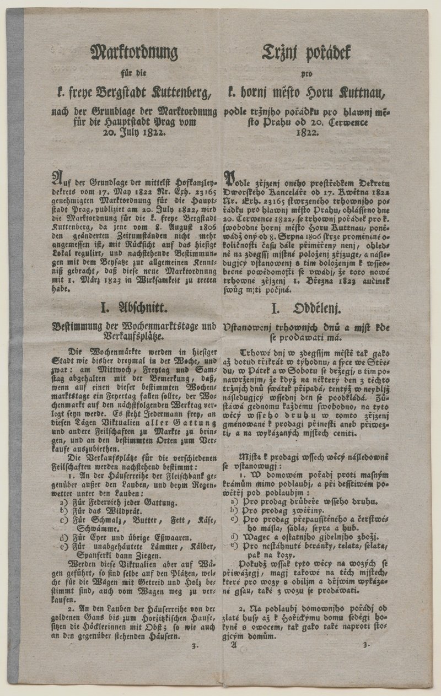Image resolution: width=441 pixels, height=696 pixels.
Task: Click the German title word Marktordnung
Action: coord(133,53)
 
